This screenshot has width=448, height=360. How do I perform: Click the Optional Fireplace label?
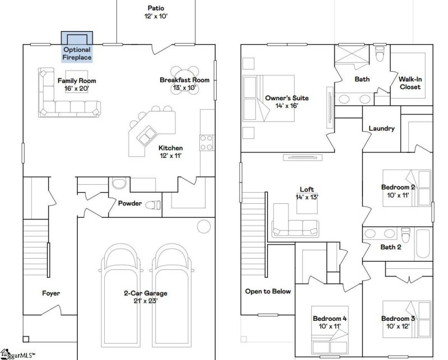(77, 53)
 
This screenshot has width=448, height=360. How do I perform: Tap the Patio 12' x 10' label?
(156, 12)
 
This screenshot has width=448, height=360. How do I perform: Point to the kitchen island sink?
(148, 134)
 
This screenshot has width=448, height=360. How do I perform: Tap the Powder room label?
(130, 203)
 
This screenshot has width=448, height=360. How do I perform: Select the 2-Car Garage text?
(145, 293)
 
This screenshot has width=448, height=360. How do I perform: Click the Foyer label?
(50, 293)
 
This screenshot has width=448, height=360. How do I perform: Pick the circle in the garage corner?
(203, 226)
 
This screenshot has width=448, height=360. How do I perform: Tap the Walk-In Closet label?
(410, 83)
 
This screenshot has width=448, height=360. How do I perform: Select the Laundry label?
(381, 128)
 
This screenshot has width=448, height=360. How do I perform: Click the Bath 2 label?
(391, 247)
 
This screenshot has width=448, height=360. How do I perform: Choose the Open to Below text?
(268, 291)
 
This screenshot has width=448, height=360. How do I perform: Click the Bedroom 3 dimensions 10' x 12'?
(398, 326)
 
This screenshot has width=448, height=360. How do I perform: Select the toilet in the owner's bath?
(381, 54)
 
